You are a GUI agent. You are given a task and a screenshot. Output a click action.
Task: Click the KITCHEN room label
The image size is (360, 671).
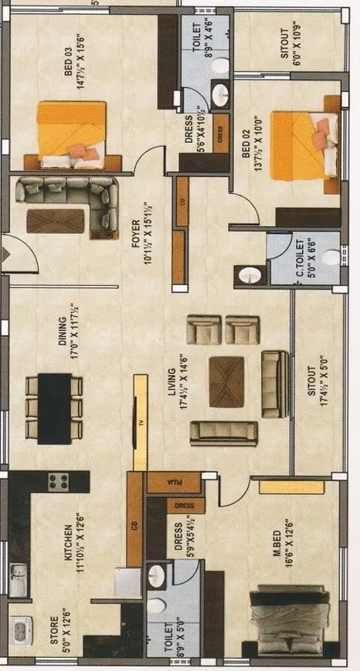[68, 536]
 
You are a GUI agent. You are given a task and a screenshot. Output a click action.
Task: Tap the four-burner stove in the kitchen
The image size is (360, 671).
[58, 483]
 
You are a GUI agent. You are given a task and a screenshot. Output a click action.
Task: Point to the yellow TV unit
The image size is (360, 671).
[140, 423]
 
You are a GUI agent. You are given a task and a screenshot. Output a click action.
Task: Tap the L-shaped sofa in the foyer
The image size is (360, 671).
[69, 204]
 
